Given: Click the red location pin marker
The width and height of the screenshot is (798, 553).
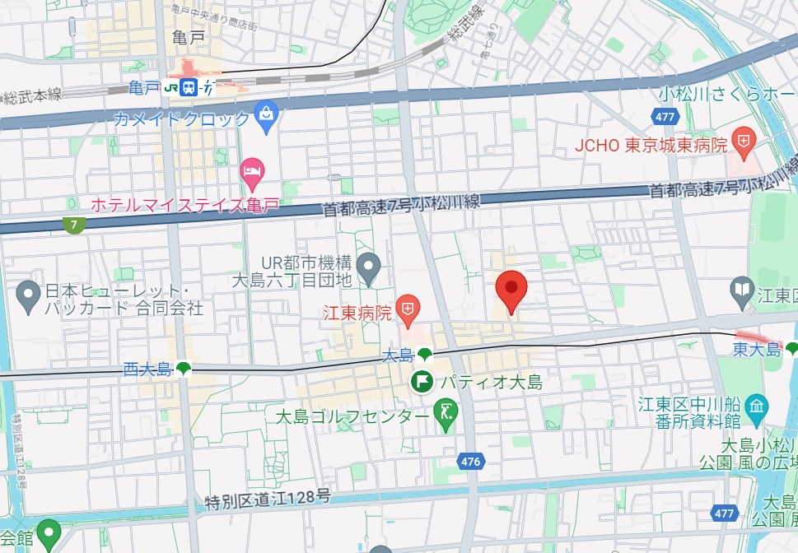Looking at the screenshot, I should tap(511, 290).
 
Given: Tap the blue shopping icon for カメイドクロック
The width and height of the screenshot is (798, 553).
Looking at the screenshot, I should tap(266, 118).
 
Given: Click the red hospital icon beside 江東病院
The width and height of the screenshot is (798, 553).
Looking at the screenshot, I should tap(408, 309).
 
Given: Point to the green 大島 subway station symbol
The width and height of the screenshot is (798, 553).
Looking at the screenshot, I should tap(424, 355).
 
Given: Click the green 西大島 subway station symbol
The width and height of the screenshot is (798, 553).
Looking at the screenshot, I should tap(183, 369).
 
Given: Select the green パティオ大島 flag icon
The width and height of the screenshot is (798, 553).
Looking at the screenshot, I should tap(422, 381).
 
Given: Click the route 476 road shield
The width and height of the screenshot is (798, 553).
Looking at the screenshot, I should tap(470, 462).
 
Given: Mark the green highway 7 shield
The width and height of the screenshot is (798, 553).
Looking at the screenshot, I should tap(75, 224).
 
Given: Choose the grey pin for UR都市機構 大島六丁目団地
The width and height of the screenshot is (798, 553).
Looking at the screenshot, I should tap(371, 266).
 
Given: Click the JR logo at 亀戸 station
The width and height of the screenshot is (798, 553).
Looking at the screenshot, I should tap(173, 87).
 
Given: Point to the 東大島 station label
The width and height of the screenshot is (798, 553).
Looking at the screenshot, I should tap(756, 350).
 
